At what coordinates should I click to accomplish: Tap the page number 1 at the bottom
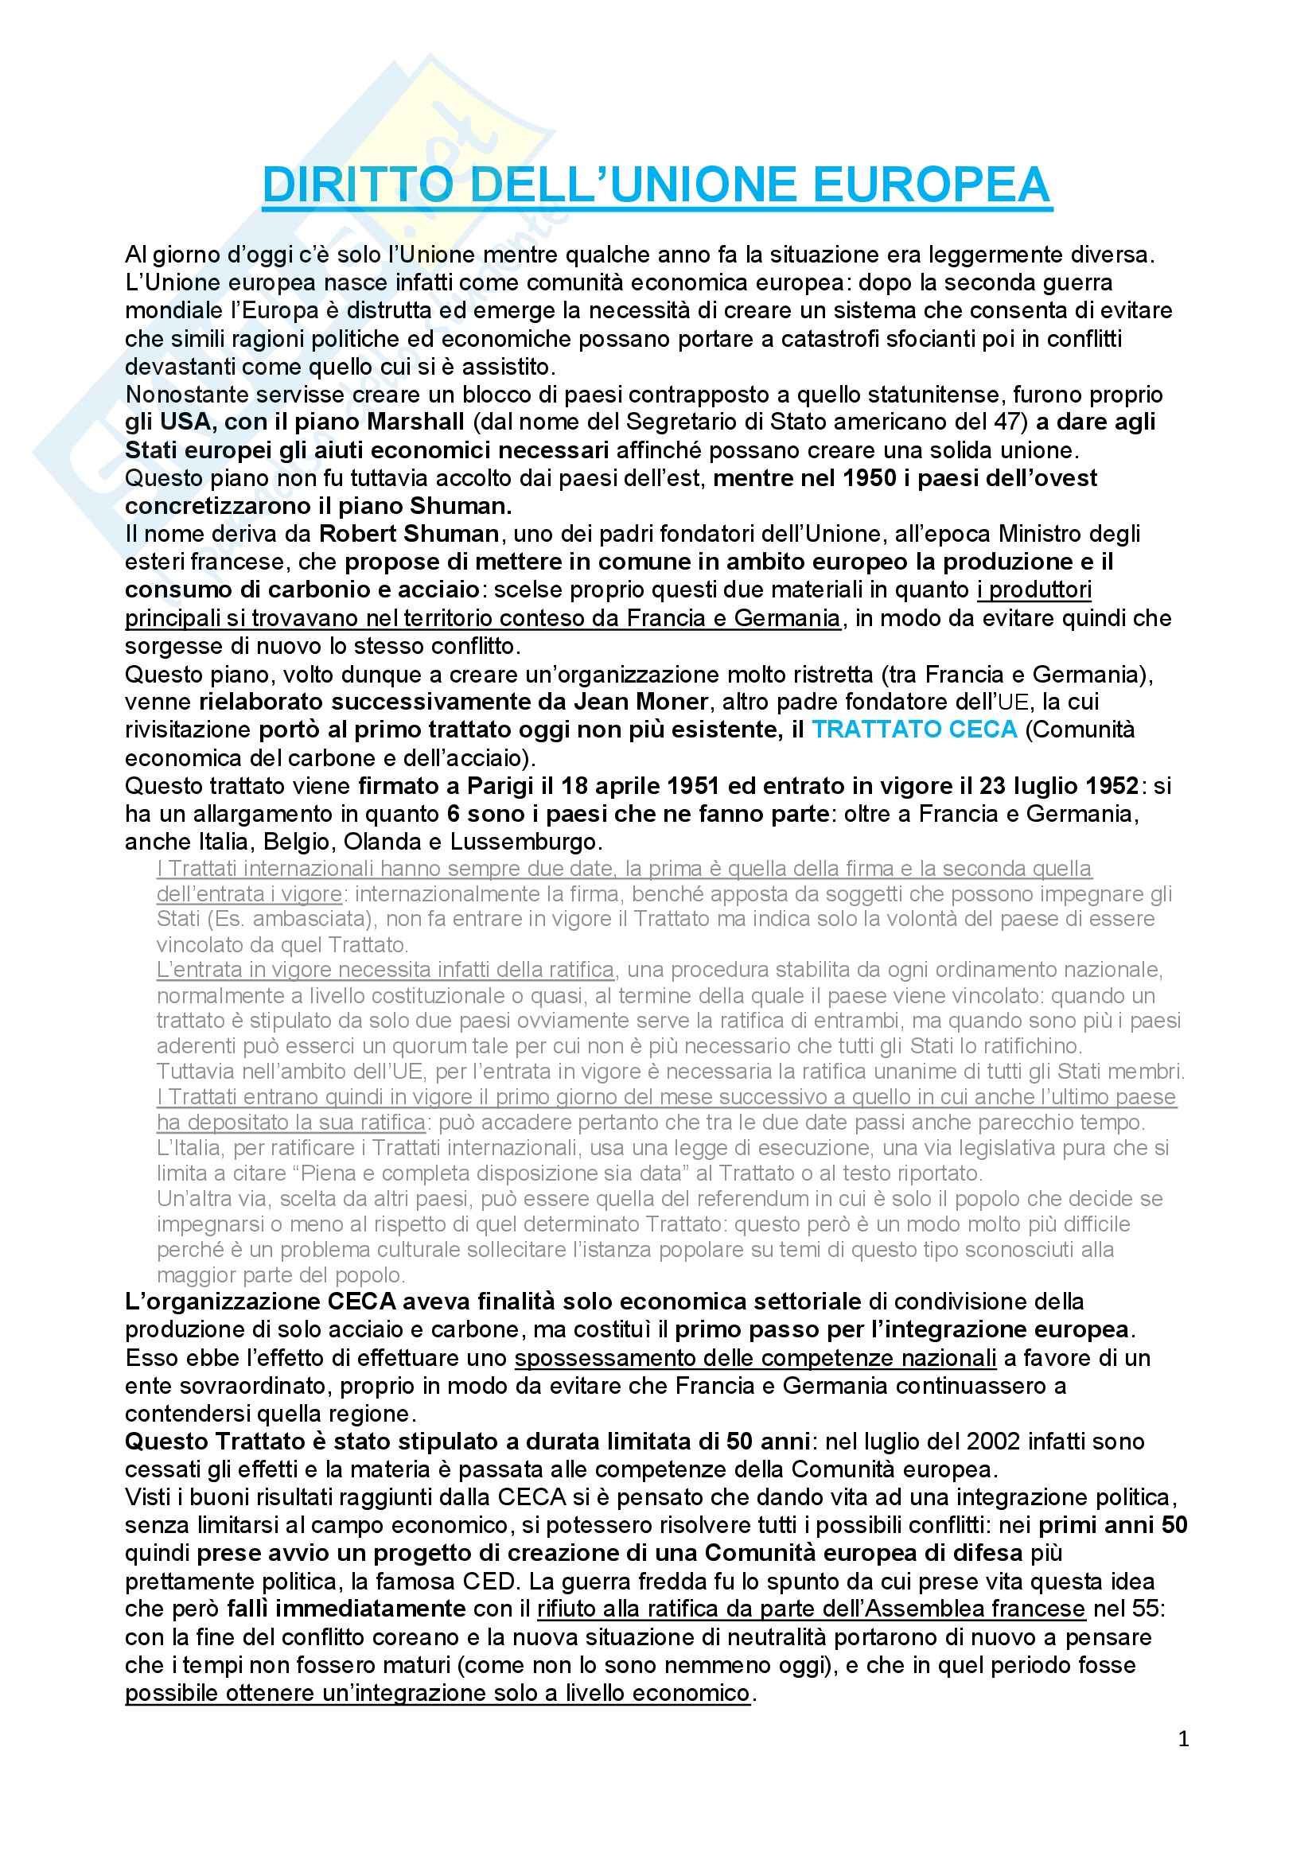[x=1184, y=1738]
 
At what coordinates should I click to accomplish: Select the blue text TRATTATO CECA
[x=914, y=729]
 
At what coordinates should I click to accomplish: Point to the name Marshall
[x=415, y=422]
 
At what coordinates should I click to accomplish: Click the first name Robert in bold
[x=356, y=534]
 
